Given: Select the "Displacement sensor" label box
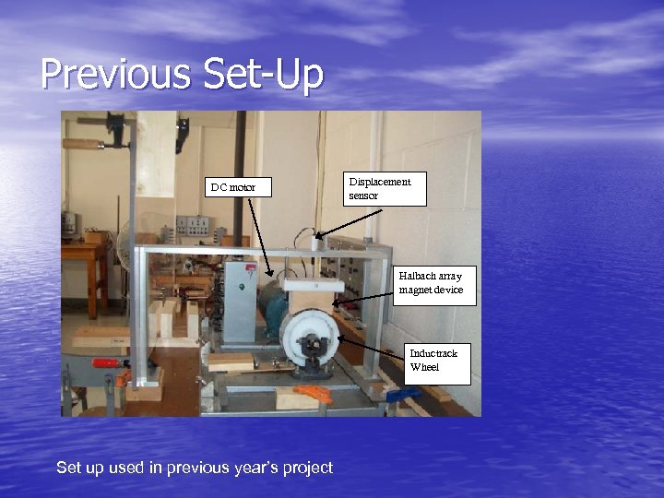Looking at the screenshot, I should click(385, 188).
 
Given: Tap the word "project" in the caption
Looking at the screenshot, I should click(308, 468).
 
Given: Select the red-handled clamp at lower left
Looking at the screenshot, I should click(112, 363).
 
